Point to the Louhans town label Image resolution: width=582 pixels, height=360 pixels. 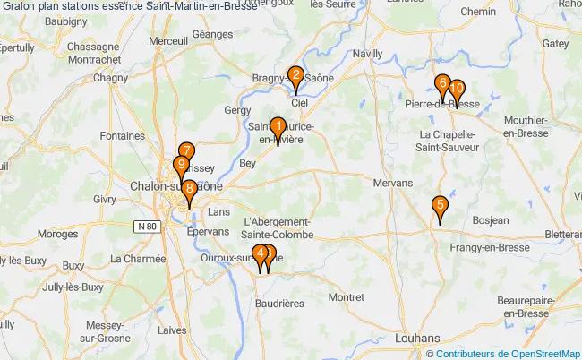click(419, 339)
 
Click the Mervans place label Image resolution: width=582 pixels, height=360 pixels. click(392, 182)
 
